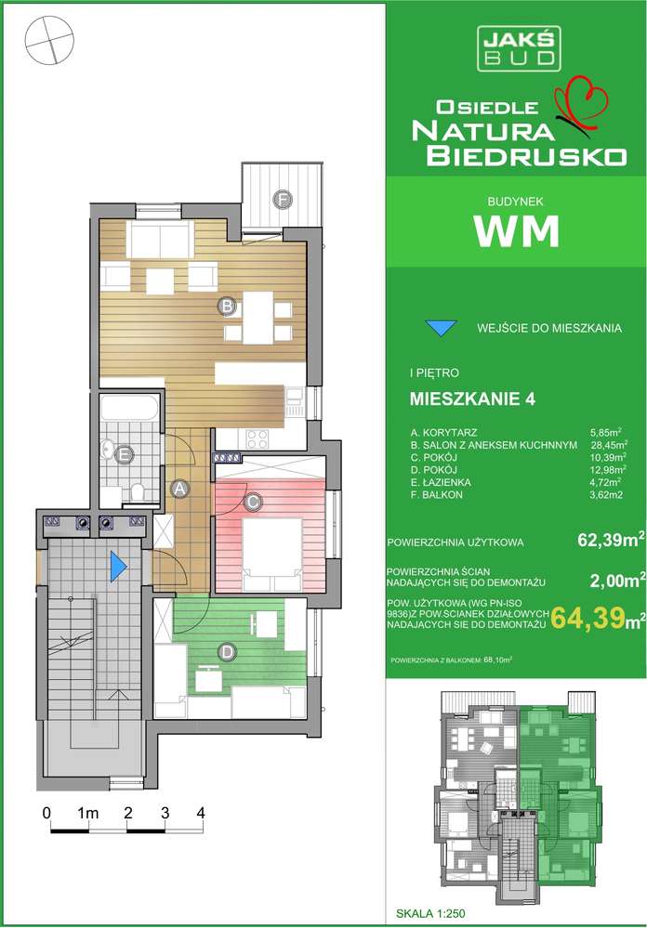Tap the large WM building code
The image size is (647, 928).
point(516,230)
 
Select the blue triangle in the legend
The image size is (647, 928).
point(441,327)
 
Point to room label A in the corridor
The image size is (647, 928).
point(182,486)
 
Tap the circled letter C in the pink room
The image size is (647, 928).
point(251,503)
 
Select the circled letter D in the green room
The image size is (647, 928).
point(226,653)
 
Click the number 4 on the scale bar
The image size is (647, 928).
point(201,811)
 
